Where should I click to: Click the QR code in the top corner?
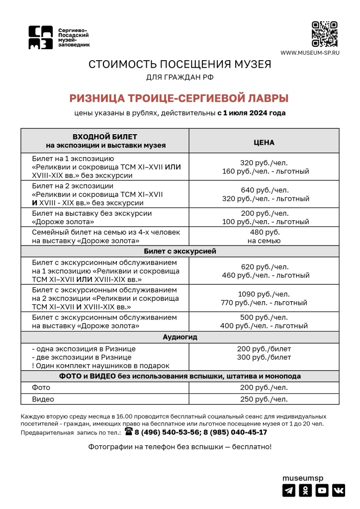325,34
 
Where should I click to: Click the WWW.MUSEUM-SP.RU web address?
310,53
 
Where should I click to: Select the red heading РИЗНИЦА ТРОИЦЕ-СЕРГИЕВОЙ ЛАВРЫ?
179,98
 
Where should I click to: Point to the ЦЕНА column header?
264,142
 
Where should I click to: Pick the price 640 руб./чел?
265,190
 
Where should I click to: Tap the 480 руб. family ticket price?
265,232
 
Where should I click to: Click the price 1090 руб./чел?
265,294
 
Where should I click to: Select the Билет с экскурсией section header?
180,252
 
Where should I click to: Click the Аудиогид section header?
180,337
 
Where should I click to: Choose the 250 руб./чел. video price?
265,399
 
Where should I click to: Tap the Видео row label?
43,399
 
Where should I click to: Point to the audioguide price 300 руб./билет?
265,357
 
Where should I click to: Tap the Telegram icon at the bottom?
289,491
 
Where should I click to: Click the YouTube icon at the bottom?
322,491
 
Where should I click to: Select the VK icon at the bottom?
339,491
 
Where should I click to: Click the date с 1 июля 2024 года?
252,113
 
